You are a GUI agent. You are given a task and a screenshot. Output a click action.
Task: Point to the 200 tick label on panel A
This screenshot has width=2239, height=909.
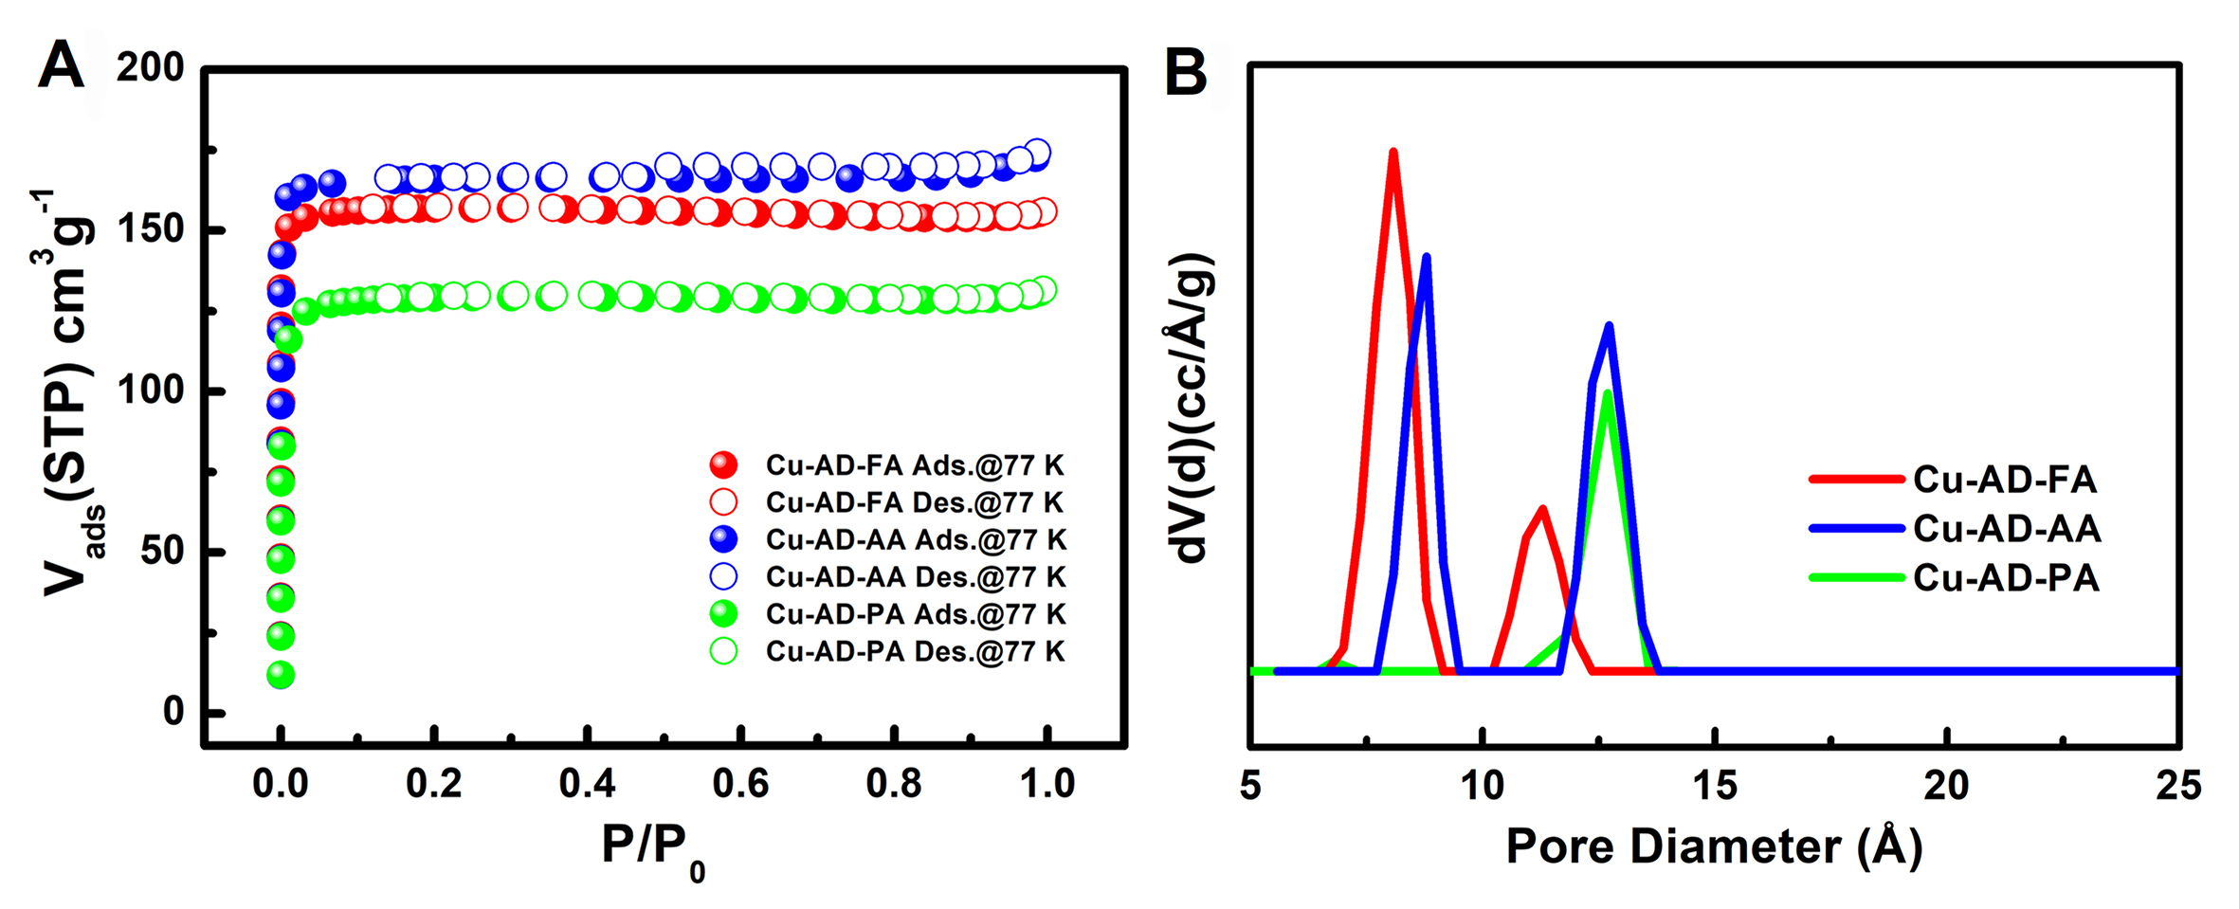150,68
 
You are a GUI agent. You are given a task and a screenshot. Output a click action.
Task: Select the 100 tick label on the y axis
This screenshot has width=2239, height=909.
150,390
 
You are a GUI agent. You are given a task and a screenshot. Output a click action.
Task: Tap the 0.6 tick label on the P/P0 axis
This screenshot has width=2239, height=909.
740,784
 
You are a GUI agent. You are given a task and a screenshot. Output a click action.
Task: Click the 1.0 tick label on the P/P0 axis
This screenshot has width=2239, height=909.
1047,784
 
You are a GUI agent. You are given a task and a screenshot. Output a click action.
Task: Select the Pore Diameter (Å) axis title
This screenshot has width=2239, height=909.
1714,845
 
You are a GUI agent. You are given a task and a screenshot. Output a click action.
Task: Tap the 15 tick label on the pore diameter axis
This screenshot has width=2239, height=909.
1714,786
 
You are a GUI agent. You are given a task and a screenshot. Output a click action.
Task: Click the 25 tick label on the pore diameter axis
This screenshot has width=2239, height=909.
2177,786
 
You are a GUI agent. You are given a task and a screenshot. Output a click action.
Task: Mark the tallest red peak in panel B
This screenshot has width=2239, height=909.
1393,152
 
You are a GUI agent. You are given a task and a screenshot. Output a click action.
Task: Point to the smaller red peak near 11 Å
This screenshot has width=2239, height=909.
1543,509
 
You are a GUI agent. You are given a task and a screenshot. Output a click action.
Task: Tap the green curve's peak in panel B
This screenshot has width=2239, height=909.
1607,392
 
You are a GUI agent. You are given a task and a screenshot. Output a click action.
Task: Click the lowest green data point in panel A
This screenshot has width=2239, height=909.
280,675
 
